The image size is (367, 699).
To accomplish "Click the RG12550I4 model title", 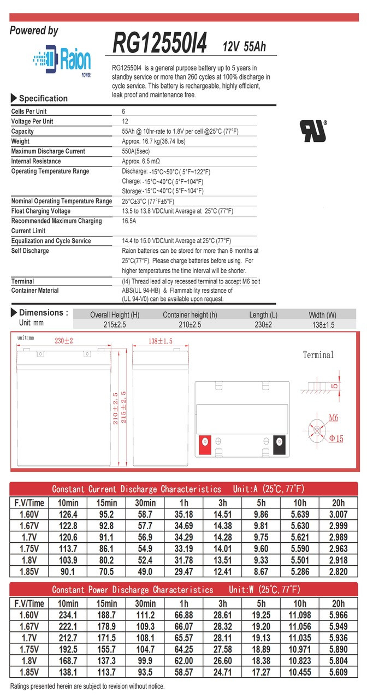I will (x=159, y=43).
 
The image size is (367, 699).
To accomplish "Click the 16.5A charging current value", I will (x=129, y=221).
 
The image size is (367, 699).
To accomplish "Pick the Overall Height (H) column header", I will (x=115, y=315).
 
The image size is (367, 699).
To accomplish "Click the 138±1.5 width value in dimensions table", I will (x=323, y=325).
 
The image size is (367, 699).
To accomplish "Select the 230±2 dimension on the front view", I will (x=64, y=341).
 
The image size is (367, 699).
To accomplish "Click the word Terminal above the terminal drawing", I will (x=318, y=355).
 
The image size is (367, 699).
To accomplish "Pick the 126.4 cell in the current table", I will (x=68, y=514).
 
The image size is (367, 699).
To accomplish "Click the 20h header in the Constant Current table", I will (x=338, y=502).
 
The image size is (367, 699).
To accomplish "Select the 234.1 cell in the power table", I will (x=68, y=615).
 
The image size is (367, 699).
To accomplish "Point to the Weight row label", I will (x=22, y=141).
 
